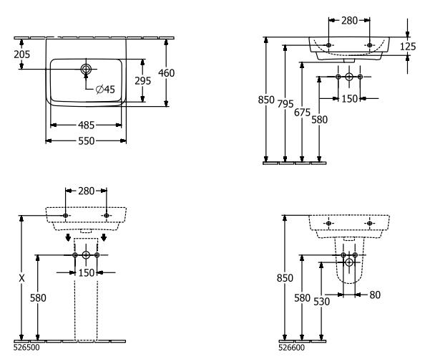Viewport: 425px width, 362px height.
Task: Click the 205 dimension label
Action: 22,54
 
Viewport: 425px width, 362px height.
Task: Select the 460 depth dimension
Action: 167,73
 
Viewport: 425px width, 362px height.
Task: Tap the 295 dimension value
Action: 143,81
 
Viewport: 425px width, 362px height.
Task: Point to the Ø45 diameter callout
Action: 105,89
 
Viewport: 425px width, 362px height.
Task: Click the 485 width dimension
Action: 86,125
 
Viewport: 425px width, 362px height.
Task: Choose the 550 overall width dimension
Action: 86,141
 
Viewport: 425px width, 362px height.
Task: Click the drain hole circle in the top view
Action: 86,70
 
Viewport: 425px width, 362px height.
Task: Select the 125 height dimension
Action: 408,47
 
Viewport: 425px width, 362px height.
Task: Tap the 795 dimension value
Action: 285,104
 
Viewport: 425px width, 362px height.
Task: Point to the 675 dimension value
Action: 302,113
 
